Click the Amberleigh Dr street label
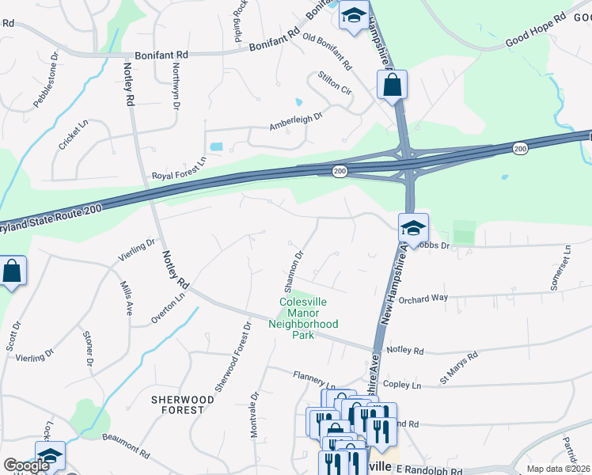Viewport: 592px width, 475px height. point(297,120)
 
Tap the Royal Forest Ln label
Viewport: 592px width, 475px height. point(179,177)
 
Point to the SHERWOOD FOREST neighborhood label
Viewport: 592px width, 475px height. point(183,405)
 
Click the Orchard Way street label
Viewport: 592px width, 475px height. point(423,299)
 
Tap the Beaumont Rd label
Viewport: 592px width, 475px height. point(125,446)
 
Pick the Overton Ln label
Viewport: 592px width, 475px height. point(168,307)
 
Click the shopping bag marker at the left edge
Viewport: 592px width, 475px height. point(13,272)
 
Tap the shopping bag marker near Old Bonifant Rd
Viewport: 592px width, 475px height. point(392,84)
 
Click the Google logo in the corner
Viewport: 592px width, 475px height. point(26,465)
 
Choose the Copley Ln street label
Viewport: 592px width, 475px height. point(405,385)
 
